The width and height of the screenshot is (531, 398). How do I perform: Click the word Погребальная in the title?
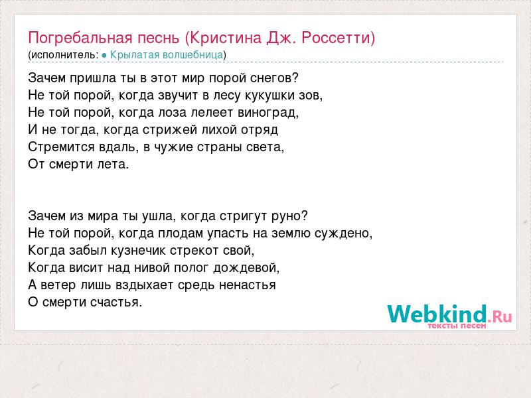pos(80,38)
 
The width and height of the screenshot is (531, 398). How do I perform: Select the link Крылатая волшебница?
pos(167,54)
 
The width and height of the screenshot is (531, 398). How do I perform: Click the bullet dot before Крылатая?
pos(104,55)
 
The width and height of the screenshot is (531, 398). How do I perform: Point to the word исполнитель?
pos(63,55)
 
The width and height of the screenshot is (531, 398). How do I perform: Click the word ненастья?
pos(247,285)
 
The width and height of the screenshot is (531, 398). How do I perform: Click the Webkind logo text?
pos(437,314)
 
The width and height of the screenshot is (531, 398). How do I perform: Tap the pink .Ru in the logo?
pos(500,316)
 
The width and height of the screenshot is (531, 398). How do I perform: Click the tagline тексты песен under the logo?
pos(457,326)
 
